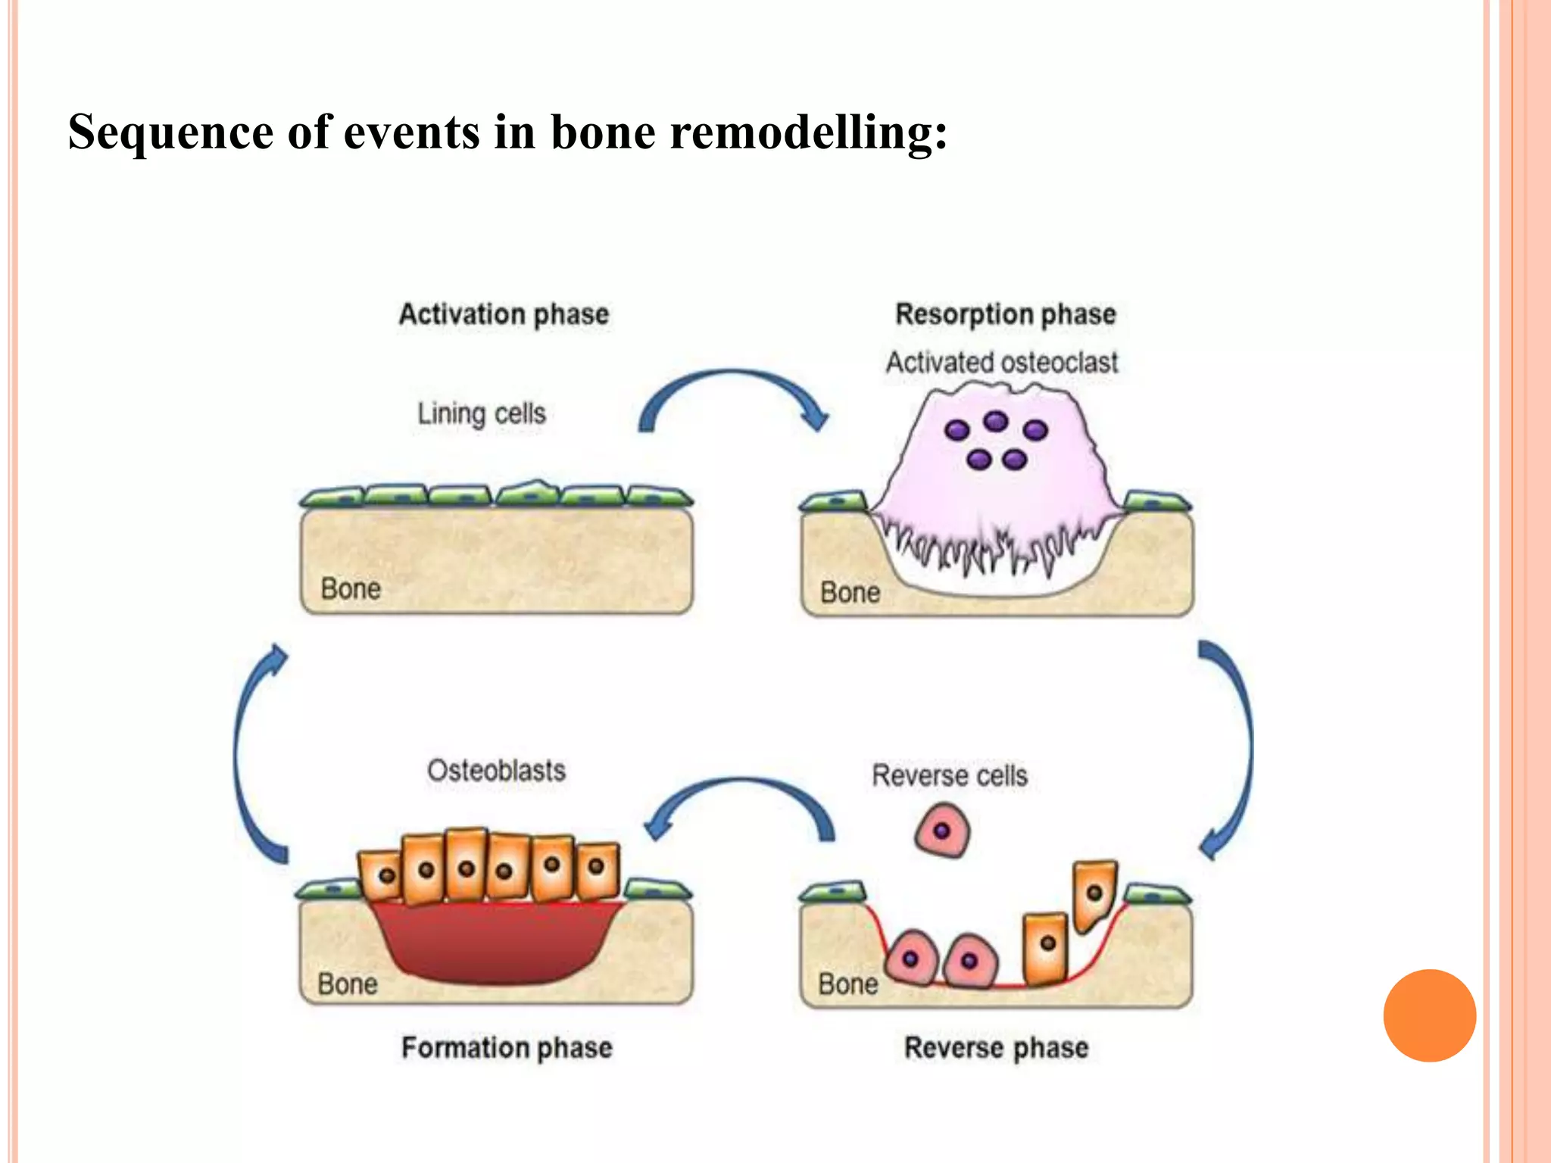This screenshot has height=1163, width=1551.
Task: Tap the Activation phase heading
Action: (x=504, y=314)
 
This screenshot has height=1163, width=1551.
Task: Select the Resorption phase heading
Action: (x=1005, y=314)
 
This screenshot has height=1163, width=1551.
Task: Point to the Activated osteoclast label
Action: (x=1001, y=363)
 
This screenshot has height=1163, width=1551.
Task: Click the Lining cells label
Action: (x=481, y=413)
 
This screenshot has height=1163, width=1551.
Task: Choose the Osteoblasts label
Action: (x=496, y=771)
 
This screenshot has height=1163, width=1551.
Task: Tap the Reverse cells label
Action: (x=950, y=775)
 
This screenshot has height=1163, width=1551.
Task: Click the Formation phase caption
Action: (x=507, y=1048)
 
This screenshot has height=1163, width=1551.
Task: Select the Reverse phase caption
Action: (x=996, y=1048)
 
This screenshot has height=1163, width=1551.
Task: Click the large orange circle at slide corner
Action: (x=1429, y=1015)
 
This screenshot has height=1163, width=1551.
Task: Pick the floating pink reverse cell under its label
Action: (x=942, y=831)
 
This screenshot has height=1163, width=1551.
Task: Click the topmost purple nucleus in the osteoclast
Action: (x=995, y=421)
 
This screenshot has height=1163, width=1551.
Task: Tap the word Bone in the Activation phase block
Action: (x=350, y=589)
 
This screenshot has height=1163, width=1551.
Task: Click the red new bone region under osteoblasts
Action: (x=496, y=943)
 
